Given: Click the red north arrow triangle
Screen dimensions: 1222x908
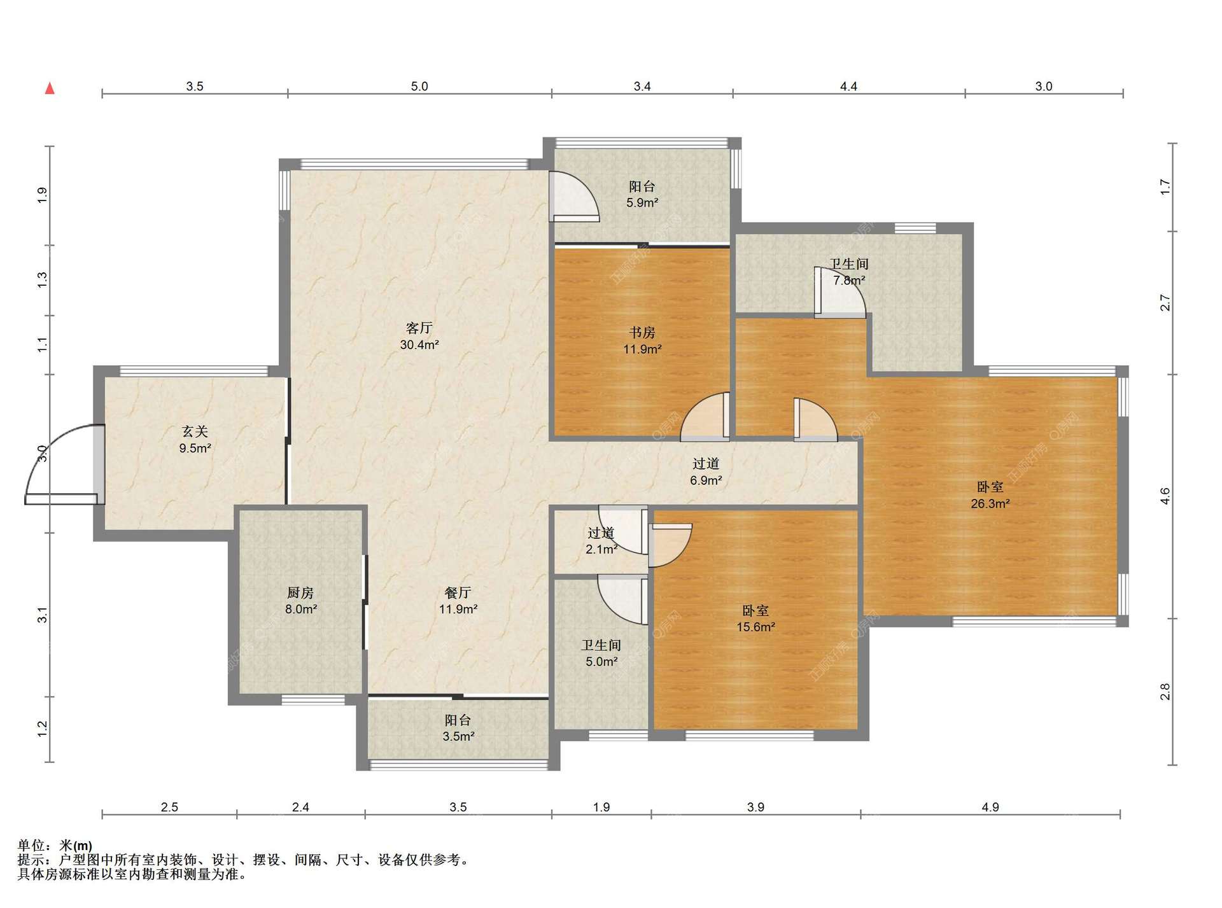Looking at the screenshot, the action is tap(50, 88).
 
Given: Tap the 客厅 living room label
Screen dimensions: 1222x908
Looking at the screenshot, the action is tap(419, 328).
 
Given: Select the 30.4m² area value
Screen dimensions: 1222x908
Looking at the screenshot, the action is tap(419, 345).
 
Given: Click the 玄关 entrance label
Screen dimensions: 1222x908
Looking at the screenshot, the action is tap(195, 432).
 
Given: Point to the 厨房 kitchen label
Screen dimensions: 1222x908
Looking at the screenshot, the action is tap(300, 593).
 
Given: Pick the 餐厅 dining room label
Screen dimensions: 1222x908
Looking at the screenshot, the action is tap(458, 593).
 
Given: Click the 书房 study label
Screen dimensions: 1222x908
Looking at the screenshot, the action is tap(642, 333).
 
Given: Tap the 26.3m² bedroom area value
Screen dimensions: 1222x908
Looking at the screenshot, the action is tap(990, 504).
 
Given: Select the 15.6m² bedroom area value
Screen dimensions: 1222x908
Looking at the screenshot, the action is tap(755, 627).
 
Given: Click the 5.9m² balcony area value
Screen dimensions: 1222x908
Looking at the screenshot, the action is tap(642, 203).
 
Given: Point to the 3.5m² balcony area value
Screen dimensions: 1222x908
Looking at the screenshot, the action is tap(458, 737).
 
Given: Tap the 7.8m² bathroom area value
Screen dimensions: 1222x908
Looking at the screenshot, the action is tap(849, 281).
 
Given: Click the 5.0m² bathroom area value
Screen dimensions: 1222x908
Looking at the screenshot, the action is tap(601, 662).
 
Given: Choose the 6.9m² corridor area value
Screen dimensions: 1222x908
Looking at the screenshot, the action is tap(706, 480).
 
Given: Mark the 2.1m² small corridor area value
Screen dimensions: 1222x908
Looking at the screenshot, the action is tap(601, 549).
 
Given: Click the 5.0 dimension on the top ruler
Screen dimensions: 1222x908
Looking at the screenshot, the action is tap(419, 87).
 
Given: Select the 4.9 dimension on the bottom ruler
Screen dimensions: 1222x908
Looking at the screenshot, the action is tap(990, 807).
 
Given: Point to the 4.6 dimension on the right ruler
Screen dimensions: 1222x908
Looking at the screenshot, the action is tap(1165, 496).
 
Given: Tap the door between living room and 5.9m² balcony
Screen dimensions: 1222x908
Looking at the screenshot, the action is tap(574, 197).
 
